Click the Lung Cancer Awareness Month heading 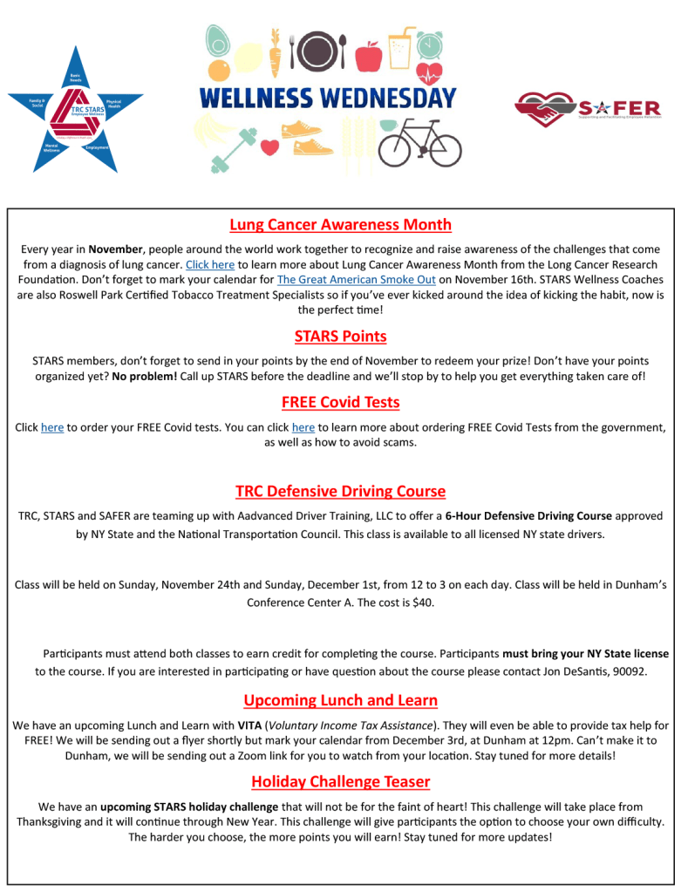tap(340, 225)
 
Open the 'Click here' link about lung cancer tap(210, 264)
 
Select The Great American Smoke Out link tap(356, 280)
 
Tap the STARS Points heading tap(340, 337)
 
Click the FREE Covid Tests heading tap(340, 402)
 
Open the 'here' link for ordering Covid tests tap(52, 427)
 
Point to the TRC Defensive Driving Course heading tap(340, 491)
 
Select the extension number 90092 tap(627, 671)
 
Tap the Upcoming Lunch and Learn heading tap(340, 700)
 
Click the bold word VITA tap(249, 725)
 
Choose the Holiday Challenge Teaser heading tap(340, 781)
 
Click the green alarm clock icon tap(430, 44)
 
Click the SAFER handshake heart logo tap(545, 109)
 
